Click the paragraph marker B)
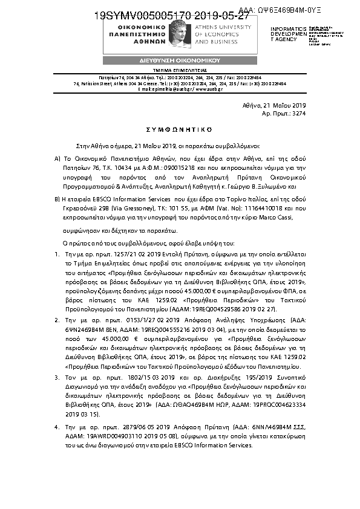[57, 198]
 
